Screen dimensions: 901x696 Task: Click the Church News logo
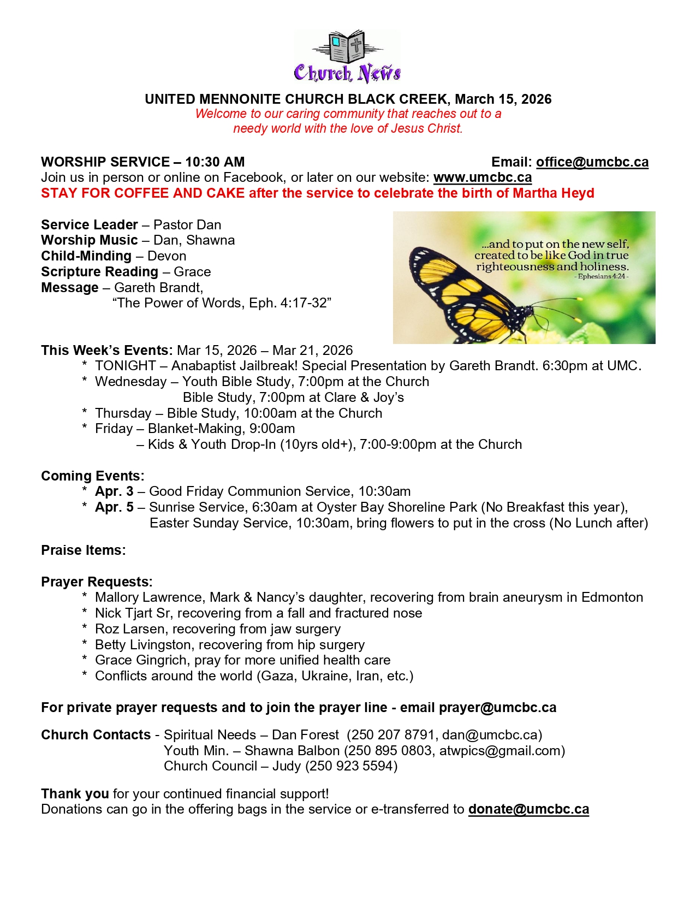coord(347,57)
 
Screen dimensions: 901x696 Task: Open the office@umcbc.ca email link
coord(592,162)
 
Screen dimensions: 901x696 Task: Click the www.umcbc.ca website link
coord(483,177)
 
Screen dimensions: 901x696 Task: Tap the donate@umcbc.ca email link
coord(528,809)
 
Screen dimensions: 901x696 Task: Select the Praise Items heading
coord(83,550)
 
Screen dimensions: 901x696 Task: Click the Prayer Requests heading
coord(97,582)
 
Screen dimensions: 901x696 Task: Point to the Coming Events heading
coord(92,476)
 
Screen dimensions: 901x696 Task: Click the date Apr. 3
coord(114,491)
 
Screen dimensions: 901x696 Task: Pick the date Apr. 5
coord(114,507)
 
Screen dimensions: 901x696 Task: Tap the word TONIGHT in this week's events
coord(126,366)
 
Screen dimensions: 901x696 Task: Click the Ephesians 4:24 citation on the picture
coord(601,276)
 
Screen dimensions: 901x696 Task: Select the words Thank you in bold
coord(75,794)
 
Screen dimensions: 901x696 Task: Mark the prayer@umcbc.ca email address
coord(497,708)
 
